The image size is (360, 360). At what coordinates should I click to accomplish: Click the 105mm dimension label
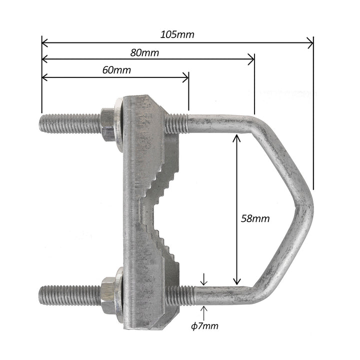tap(177, 34)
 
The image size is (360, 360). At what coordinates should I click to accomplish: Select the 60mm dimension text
tap(116, 70)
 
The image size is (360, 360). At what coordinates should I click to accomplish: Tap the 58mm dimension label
tap(255, 218)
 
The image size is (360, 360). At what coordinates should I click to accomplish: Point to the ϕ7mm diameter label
tap(205, 326)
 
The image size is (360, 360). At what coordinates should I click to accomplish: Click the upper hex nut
tap(108, 124)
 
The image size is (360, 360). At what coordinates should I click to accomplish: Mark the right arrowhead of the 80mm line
tap(251, 60)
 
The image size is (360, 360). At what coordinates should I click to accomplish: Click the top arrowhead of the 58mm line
tap(236, 137)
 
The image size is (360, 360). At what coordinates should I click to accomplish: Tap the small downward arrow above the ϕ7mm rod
tap(203, 282)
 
